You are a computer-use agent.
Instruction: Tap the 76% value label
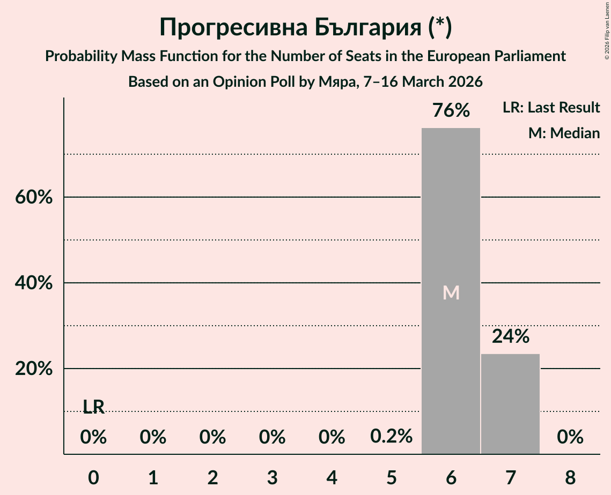451,111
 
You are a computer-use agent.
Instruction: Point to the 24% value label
511,336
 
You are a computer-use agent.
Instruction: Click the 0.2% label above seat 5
391,437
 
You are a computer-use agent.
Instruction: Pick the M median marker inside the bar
451,292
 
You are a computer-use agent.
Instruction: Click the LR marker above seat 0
93,407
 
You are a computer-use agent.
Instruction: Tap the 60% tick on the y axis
34,197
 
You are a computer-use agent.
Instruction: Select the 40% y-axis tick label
34,283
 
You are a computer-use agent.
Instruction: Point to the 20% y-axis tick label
34,369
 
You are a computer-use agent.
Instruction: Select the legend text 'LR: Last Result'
551,108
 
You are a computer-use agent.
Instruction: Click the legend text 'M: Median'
564,133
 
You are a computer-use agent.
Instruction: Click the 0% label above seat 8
570,437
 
